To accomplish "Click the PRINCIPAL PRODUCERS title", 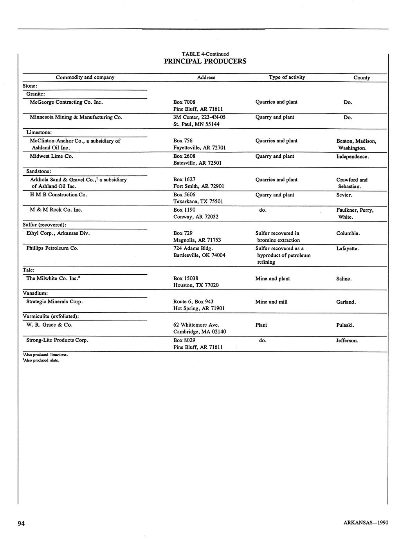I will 205,61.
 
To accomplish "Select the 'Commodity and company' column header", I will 85,77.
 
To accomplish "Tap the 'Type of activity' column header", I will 286,77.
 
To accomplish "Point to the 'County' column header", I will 361,78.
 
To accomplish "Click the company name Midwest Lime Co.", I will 52,156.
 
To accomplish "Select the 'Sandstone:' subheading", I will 38,171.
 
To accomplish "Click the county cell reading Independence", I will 352,157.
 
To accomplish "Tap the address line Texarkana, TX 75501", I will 198,202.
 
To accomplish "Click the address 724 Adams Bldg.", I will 193,248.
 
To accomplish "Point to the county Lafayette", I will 347,248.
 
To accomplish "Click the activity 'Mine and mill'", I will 271,302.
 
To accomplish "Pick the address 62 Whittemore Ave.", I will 196,325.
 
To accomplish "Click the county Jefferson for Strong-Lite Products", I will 347,341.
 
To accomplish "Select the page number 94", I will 21,524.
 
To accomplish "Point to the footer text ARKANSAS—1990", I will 366,523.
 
